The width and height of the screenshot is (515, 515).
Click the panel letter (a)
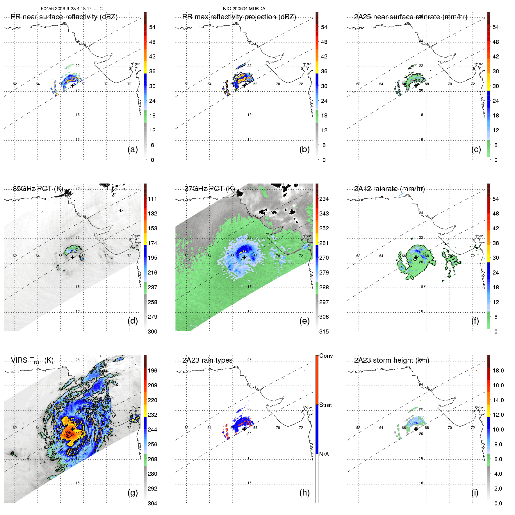tap(133, 149)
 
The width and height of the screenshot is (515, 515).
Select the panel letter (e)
tap(304, 321)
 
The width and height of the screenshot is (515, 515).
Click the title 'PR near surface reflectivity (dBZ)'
tap(64, 17)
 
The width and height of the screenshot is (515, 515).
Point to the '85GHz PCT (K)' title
tap(38, 189)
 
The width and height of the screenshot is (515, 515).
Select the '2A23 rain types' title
tap(207, 360)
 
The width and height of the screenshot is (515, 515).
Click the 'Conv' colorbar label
tap(326, 356)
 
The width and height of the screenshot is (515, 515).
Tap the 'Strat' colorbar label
tap(325, 405)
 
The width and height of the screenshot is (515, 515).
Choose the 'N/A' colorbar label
tap(324, 454)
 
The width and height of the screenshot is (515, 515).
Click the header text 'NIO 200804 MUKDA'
tap(244, 9)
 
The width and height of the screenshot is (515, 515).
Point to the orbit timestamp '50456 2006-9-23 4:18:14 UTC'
tap(72, 9)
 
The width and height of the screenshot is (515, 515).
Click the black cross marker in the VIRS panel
tap(72, 429)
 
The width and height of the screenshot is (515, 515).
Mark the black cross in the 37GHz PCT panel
tap(244, 257)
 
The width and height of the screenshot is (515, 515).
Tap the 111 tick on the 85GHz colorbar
tap(152, 199)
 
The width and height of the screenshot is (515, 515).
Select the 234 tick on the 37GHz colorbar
tap(324, 199)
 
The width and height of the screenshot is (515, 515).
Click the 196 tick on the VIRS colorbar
tap(152, 370)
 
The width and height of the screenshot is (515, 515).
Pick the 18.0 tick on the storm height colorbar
tap(498, 370)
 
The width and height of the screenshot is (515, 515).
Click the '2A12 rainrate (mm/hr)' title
tap(389, 189)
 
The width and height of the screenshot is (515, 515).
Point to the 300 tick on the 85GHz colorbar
tap(152, 332)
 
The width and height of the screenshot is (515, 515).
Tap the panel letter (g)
tap(133, 493)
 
